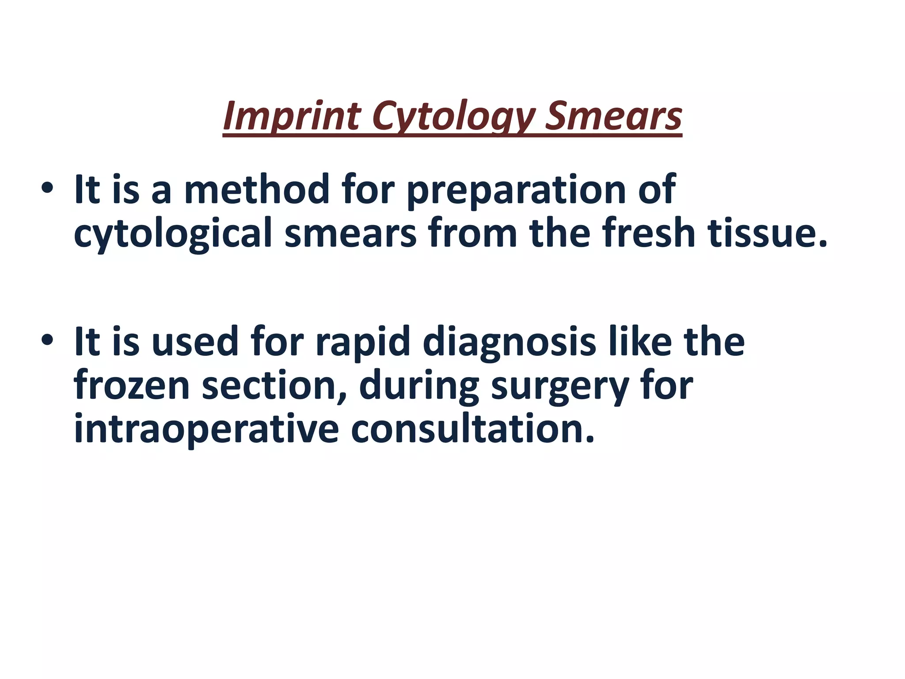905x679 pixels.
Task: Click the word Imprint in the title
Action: pos(292,116)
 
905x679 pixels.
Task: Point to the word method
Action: pos(256,190)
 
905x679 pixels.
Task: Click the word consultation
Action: pos(473,429)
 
